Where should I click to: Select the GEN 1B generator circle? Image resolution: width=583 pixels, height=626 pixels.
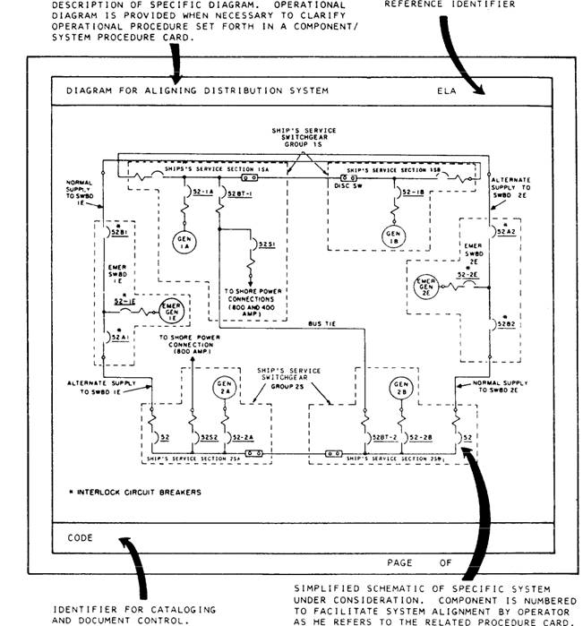point(392,237)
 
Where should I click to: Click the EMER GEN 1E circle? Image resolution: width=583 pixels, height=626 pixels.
point(169,311)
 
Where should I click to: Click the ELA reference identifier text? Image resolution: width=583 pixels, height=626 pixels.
point(447,90)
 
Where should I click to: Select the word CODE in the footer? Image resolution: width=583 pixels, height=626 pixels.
point(81,537)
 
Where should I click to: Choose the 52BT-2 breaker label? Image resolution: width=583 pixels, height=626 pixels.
point(385,437)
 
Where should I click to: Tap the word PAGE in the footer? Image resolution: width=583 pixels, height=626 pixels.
point(400,562)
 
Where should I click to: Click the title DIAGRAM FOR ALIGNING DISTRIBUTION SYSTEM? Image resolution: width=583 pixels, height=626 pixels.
point(198,90)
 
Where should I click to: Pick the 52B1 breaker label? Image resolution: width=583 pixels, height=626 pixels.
point(119,231)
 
